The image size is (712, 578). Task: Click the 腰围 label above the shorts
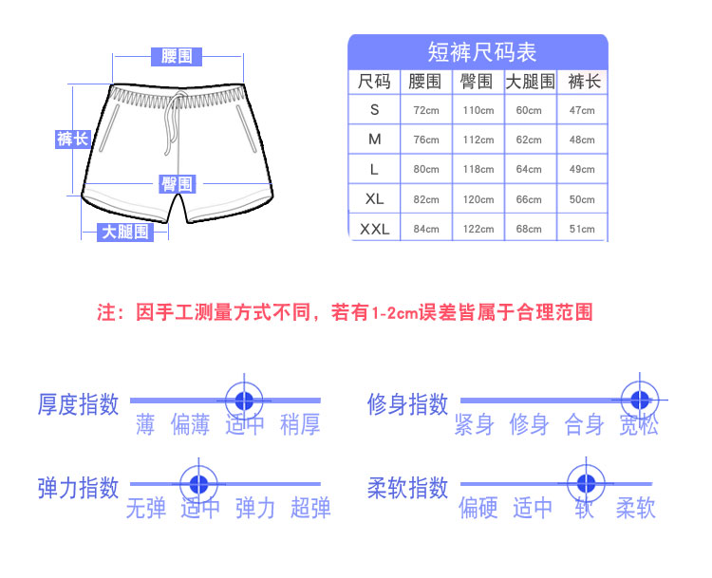point(177,56)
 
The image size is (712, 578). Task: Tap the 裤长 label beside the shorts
point(73,139)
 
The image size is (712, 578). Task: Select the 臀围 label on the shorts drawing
point(178,184)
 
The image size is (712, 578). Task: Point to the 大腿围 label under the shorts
point(125,232)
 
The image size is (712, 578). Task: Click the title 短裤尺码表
point(481,52)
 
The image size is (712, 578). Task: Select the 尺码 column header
point(374,82)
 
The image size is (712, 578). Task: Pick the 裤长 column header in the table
point(584,82)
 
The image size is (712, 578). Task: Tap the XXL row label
point(375,229)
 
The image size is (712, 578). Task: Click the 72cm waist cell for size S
point(426,110)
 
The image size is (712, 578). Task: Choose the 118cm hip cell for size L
point(478,169)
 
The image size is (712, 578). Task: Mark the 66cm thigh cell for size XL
point(529,199)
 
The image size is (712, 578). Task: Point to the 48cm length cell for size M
point(582,140)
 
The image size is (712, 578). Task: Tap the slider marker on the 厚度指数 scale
point(244,401)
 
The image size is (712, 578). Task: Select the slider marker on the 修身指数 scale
point(640,400)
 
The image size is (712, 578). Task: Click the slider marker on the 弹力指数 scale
point(199,484)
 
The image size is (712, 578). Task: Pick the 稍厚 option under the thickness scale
point(300,424)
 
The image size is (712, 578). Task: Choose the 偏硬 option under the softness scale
point(478,508)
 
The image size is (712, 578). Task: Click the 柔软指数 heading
point(408,488)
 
